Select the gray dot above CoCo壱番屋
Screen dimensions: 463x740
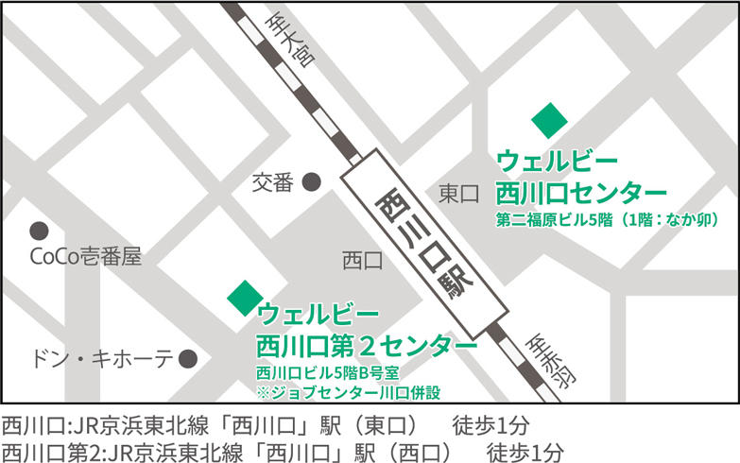[39, 230]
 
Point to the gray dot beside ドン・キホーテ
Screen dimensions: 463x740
[188, 358]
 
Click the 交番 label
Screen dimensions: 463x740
[273, 182]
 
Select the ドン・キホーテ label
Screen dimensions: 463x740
[102, 359]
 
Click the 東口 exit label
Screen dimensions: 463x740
[459, 194]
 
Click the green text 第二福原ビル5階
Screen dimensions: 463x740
[556, 219]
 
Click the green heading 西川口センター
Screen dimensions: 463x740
[581, 192]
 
